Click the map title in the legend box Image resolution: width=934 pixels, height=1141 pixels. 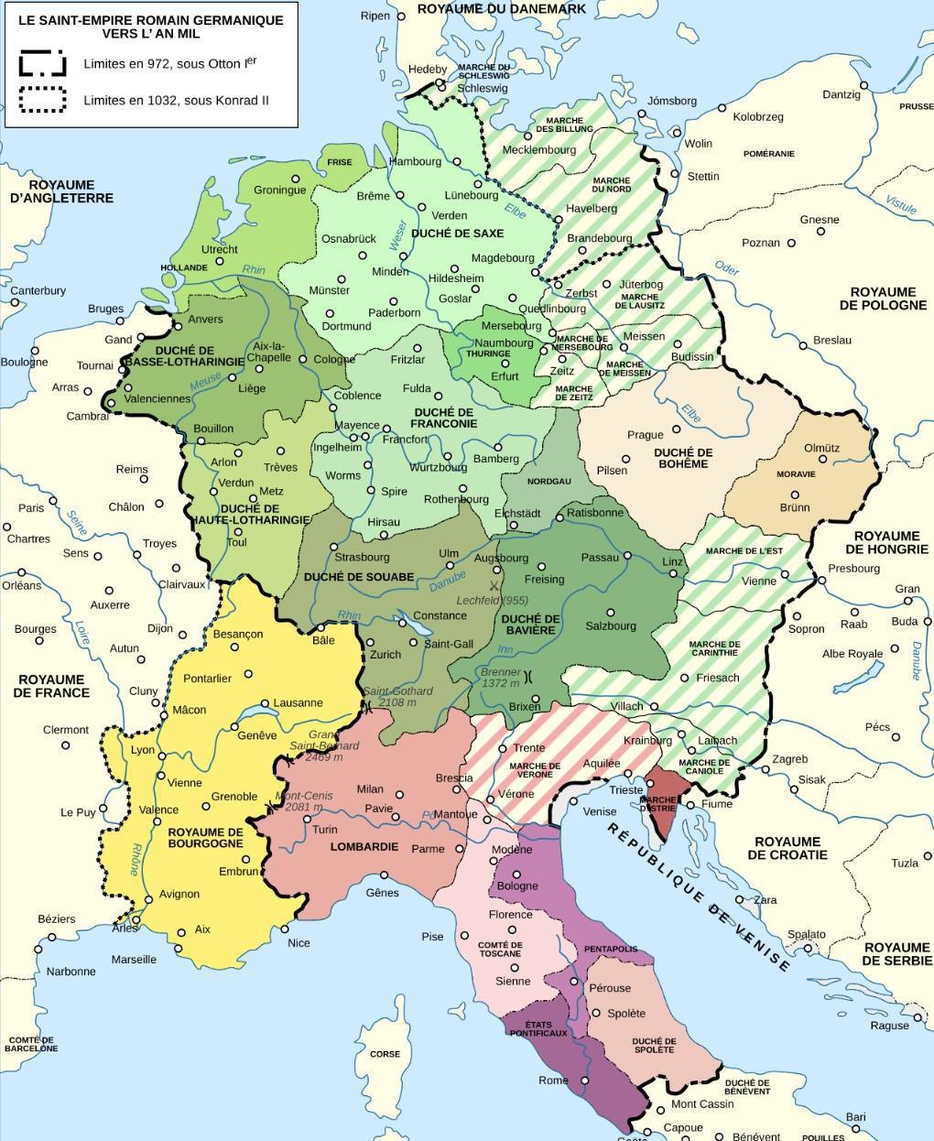(151, 26)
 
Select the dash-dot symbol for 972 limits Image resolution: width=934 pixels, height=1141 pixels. (42, 64)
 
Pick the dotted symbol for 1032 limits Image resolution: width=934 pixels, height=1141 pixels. (42, 100)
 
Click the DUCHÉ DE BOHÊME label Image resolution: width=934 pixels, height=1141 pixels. (683, 458)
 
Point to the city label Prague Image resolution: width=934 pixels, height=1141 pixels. (645, 435)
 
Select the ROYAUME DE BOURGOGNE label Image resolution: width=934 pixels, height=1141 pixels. (205, 837)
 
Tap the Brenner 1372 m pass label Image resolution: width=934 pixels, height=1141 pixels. (500, 678)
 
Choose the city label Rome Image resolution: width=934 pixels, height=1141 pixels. (553, 1081)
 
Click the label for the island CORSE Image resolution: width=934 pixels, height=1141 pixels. (385, 1054)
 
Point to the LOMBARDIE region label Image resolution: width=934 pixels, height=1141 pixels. (364, 847)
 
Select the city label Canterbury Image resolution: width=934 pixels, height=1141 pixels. (38, 290)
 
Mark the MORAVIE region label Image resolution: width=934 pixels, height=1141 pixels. (795, 474)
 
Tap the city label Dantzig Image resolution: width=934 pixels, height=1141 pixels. (841, 94)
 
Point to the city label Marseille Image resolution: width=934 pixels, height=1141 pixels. (134, 960)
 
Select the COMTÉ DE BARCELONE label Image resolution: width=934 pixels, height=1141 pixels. (31, 1045)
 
